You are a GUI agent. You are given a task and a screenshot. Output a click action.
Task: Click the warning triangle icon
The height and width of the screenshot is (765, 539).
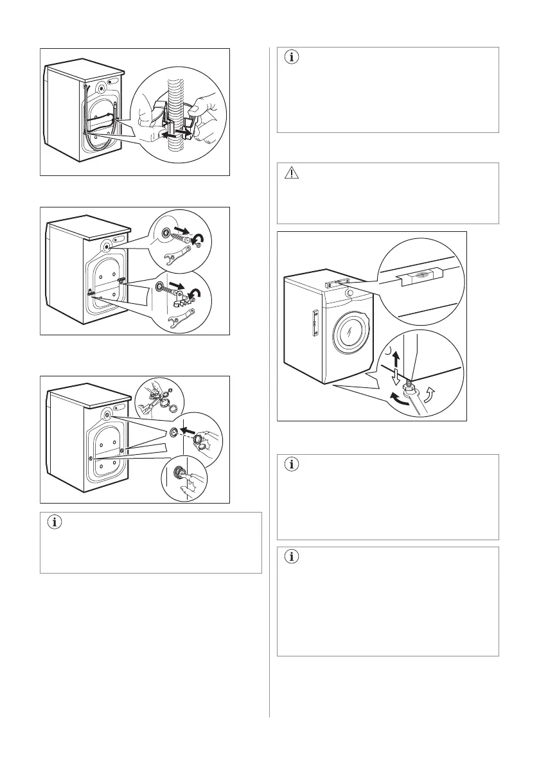point(292,173)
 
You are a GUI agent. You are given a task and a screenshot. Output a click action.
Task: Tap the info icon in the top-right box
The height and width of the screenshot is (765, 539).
point(292,57)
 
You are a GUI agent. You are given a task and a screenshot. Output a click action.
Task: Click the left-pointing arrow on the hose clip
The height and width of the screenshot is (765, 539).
point(170,135)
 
